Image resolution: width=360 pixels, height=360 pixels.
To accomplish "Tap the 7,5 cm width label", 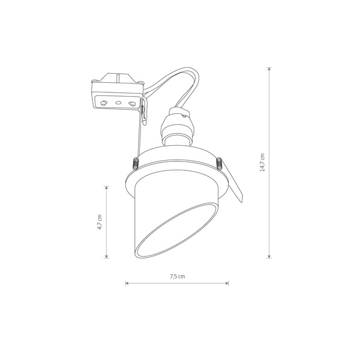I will [177, 277].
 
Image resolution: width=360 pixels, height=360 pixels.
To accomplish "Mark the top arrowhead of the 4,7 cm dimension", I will [107, 188].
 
